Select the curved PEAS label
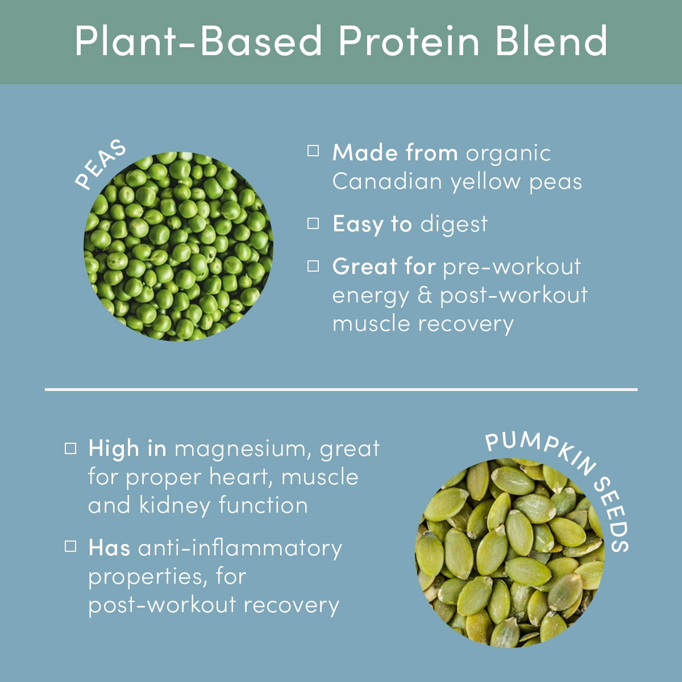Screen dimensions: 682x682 [101, 164]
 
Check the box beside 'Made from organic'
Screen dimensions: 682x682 [313, 151]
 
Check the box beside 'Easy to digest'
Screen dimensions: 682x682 [313, 223]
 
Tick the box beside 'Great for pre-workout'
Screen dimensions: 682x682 [313, 266]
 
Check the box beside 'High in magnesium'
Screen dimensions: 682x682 [70, 448]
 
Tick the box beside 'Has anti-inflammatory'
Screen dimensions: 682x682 [70, 546]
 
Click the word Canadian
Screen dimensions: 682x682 [387, 181]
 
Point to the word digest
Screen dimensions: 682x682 [454, 224]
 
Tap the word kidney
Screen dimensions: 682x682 [175, 505]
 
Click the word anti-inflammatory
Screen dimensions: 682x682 [240, 548]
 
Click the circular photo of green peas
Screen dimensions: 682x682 [178, 247]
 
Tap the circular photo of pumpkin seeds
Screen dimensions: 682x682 [510, 553]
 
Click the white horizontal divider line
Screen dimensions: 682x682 [341, 389]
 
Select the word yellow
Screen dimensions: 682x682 [485, 182]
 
